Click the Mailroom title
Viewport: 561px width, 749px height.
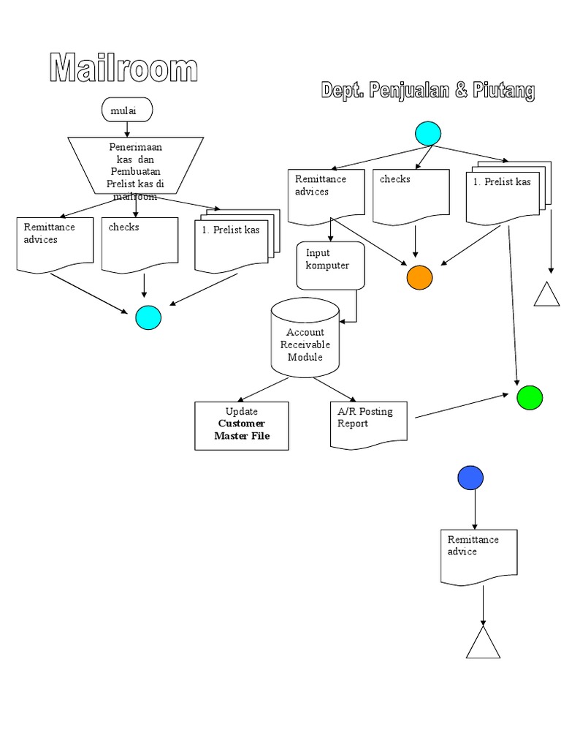click(x=123, y=69)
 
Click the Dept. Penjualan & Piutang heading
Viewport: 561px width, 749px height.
click(x=427, y=91)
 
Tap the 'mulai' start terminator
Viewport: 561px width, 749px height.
click(x=127, y=110)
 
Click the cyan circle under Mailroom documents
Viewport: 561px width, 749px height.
click(x=148, y=317)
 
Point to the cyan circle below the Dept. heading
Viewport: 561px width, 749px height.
click(x=428, y=133)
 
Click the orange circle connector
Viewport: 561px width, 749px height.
click(x=419, y=278)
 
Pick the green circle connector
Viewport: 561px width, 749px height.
click(x=530, y=398)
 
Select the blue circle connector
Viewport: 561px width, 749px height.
click(x=470, y=477)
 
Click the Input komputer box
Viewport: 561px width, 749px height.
click(x=329, y=265)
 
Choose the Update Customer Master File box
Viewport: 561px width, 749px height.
click(x=242, y=425)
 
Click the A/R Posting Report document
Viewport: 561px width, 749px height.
click(x=368, y=423)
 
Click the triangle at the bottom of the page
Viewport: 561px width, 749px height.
click(x=483, y=644)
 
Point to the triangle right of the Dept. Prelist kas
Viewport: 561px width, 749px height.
click(x=546, y=295)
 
